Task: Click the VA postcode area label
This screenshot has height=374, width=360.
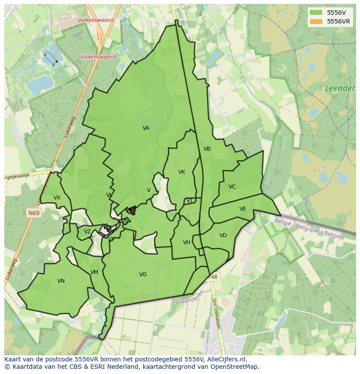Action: (x=146, y=128)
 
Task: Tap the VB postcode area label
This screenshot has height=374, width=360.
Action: (x=207, y=149)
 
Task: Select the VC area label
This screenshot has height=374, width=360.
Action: (x=232, y=187)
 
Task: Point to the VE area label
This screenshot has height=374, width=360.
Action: (x=243, y=209)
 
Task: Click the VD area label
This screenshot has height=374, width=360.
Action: (x=223, y=235)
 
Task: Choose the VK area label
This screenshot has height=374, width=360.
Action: (x=182, y=172)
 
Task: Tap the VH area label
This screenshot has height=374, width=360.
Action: (x=187, y=242)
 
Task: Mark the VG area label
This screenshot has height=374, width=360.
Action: (x=143, y=275)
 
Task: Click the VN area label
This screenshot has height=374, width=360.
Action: (x=61, y=281)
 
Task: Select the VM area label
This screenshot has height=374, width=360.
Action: (x=94, y=272)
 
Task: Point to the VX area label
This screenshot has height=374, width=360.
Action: (x=57, y=198)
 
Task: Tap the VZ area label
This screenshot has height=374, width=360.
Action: (x=87, y=232)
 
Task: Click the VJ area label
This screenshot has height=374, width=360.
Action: (x=189, y=201)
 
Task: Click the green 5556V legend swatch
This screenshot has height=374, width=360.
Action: (x=316, y=13)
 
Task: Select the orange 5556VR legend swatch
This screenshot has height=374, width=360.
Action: (x=316, y=21)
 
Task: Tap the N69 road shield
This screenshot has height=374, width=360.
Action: (x=33, y=213)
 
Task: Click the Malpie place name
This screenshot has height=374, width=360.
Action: (x=100, y=119)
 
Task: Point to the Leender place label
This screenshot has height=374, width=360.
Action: (x=340, y=89)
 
